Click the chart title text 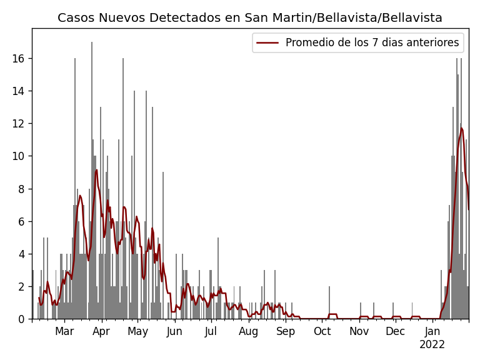(x=250, y=18)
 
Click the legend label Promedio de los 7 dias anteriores (x=372, y=43)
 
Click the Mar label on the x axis (x=64, y=332)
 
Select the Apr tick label (x=101, y=332)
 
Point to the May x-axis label (x=137, y=332)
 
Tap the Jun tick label (x=174, y=332)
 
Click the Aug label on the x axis (x=249, y=332)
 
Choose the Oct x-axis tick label (x=322, y=332)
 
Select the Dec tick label (x=395, y=332)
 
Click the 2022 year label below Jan (x=432, y=345)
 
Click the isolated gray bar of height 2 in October (x=329, y=303)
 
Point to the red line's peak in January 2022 (x=462, y=128)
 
